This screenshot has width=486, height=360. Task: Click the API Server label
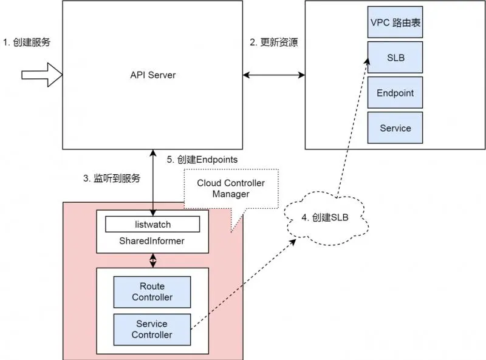click(x=152, y=75)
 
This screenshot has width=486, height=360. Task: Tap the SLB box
click(x=395, y=58)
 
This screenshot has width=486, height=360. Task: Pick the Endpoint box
click(x=395, y=93)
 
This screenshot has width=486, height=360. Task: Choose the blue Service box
click(x=395, y=128)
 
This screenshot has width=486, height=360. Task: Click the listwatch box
click(x=152, y=224)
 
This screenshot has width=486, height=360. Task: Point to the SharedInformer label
click(x=152, y=241)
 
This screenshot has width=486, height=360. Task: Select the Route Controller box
click(x=152, y=292)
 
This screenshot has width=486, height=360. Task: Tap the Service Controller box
click(x=152, y=329)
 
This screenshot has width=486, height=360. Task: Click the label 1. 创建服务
click(x=27, y=42)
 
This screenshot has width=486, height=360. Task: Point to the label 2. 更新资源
click(x=274, y=42)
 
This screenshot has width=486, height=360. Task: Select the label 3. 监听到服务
click(x=112, y=178)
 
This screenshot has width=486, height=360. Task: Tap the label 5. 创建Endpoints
click(x=202, y=159)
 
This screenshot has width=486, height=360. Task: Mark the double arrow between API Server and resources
click(x=274, y=75)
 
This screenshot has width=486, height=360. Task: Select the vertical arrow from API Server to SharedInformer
click(x=152, y=180)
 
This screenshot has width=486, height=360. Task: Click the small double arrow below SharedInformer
click(x=152, y=260)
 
